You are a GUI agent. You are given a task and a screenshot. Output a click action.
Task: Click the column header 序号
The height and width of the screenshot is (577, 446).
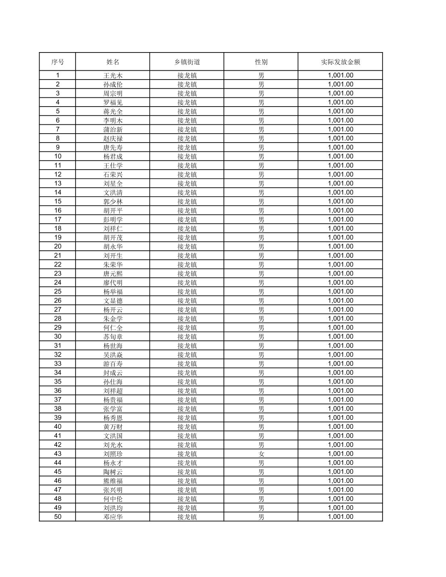point(57,62)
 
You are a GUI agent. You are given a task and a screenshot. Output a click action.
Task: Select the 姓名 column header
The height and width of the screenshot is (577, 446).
point(113,62)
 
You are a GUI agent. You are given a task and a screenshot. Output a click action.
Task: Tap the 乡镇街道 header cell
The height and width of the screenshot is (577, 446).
point(187,62)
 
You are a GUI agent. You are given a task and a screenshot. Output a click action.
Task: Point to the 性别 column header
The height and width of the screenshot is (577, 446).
point(261,62)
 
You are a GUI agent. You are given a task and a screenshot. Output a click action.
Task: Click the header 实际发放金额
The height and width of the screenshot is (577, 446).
point(340,62)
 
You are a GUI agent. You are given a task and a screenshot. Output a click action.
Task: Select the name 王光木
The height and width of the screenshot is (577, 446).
point(113,76)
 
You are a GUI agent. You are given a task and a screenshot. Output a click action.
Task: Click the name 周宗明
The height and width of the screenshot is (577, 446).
point(113,93)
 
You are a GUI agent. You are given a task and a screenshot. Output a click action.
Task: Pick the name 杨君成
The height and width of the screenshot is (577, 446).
point(113,157)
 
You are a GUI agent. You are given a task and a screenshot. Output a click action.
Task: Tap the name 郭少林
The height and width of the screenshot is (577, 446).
point(113,201)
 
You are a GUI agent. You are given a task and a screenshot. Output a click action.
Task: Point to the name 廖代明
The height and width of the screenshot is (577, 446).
point(113,283)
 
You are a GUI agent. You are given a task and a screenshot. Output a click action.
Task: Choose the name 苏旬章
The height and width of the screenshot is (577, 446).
point(113,337)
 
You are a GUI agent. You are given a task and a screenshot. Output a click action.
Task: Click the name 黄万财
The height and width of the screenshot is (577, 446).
point(113,427)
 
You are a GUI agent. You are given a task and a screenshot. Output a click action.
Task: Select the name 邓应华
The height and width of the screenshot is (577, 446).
point(113,517)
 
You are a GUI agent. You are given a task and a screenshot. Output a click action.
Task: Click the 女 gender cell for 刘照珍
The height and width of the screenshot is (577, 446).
point(261,454)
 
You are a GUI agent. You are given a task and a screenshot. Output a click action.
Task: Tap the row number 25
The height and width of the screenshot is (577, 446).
point(57,292)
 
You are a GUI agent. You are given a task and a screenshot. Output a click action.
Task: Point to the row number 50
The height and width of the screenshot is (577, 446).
point(57,517)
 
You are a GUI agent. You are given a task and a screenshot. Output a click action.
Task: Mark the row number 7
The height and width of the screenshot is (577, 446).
point(57,129)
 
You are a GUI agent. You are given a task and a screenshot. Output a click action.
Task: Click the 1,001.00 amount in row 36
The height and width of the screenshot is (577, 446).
point(340,391)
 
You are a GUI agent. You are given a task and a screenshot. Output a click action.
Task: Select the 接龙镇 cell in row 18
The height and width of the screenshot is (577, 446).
point(187,229)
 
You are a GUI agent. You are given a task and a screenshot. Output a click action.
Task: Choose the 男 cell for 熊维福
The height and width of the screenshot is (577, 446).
point(261,481)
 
